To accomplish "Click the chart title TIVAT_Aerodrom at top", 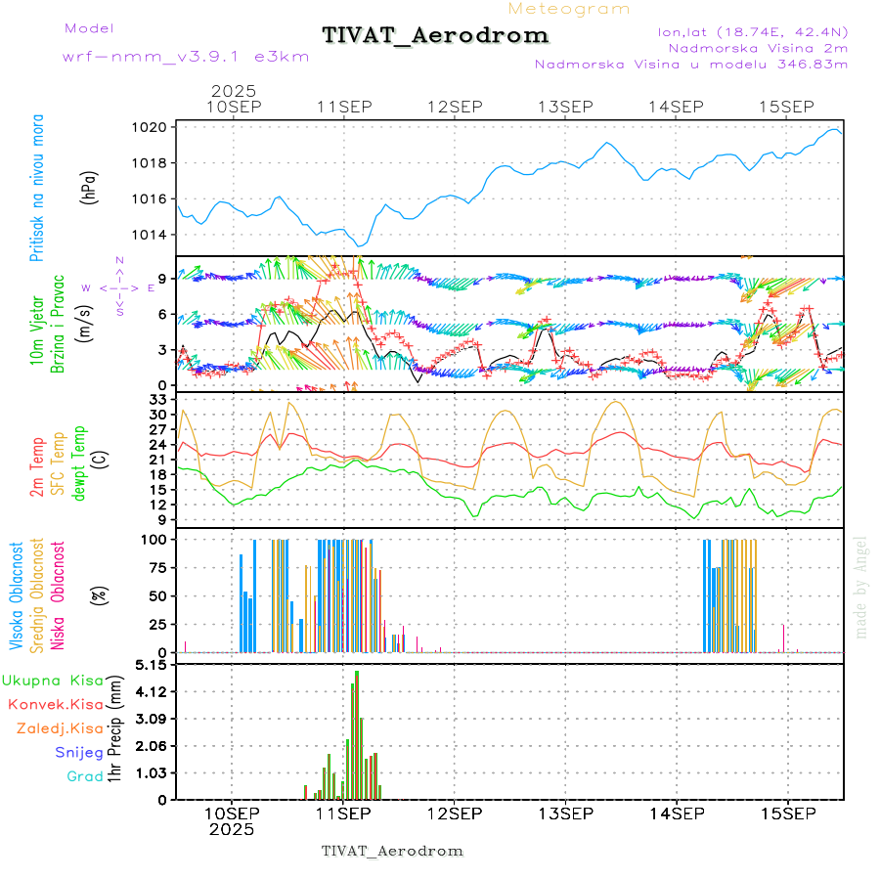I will pyautogui.click(x=435, y=35).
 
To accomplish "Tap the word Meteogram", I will pyautogui.click(x=569, y=9).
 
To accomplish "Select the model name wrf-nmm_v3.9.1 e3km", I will pyautogui.click(x=186, y=56).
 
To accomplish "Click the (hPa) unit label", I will pyautogui.click(x=89, y=187).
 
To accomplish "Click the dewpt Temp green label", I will pyautogui.click(x=79, y=461).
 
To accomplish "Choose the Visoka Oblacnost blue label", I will pyautogui.click(x=17, y=595).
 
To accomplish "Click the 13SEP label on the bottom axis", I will pyautogui.click(x=564, y=814).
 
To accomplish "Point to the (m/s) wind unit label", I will pyautogui.click(x=89, y=320).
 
